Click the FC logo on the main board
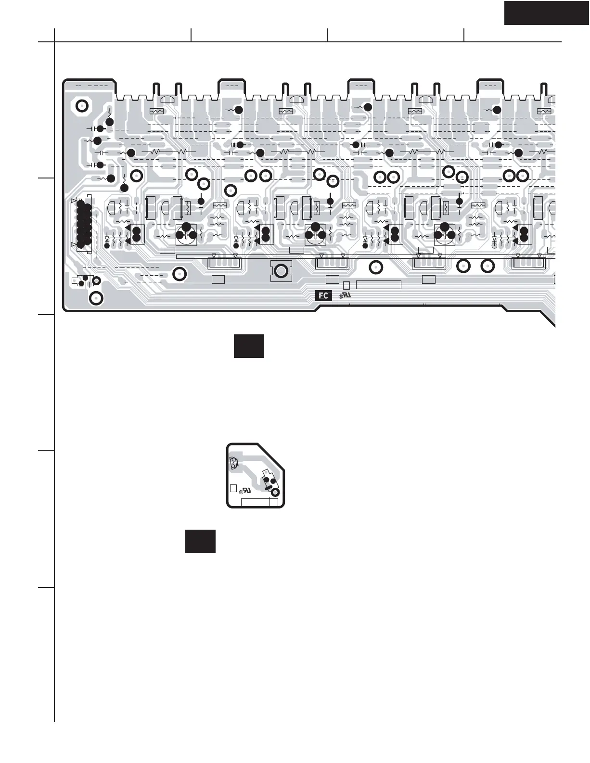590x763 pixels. click(x=324, y=295)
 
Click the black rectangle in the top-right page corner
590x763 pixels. click(x=547, y=13)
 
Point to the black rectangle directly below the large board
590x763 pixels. click(x=249, y=346)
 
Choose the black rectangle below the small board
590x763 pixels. click(x=200, y=542)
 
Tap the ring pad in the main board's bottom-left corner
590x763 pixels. click(x=96, y=298)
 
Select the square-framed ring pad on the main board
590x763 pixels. click(x=281, y=271)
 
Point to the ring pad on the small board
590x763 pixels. click(x=276, y=492)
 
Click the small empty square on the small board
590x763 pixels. click(x=233, y=488)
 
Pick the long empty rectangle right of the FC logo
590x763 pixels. click(x=378, y=285)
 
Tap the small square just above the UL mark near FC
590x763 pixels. click(x=346, y=285)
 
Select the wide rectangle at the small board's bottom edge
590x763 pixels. click(x=259, y=503)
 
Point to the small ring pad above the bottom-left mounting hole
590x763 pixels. click(x=96, y=280)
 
